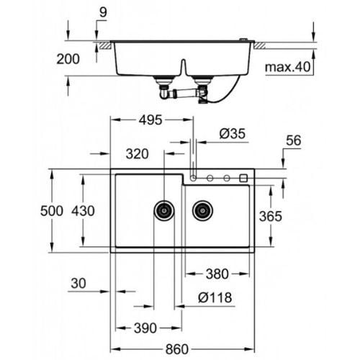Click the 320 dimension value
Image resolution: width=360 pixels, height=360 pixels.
[x=137, y=153]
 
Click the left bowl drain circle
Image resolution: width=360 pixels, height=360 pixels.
[x=165, y=210]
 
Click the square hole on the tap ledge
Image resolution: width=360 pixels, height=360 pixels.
[x=243, y=177]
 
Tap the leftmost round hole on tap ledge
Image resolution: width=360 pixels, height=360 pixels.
[x=194, y=177]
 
